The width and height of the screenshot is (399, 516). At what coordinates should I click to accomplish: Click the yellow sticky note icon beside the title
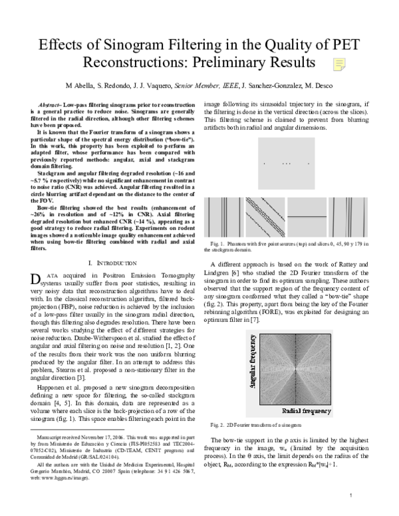point(339,64)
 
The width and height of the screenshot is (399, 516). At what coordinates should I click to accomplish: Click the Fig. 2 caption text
point(249,424)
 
